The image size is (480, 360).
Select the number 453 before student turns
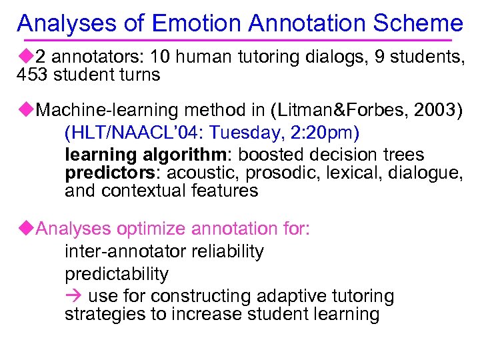coord(33,74)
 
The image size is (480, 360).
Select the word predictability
coord(117,274)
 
